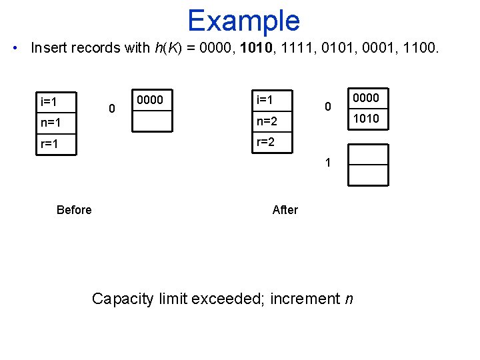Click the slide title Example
(243, 21)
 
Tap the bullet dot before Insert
(15, 48)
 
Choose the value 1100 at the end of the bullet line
(419, 48)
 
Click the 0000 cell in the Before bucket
(152, 100)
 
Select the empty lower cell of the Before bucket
(152, 122)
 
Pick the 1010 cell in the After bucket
(367, 119)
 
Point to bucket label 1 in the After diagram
(327, 162)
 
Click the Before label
(74, 210)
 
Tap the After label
(285, 210)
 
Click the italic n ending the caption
(349, 299)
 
